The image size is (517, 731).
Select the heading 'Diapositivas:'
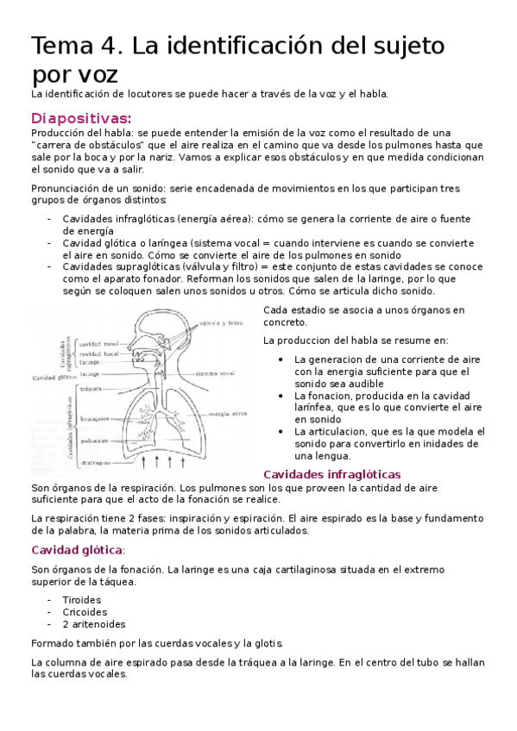pos(81,117)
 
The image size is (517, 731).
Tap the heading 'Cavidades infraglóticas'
pos(331,474)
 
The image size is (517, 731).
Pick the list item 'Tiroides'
pos(82,599)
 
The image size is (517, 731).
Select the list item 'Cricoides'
pos(84,611)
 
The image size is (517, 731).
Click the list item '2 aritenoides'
pos(94,623)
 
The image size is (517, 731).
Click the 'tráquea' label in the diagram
pos(91,389)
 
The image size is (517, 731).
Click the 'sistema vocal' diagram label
pos(216,373)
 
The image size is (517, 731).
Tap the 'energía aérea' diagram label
pos(229,414)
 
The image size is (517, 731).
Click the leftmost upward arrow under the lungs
pos(143,461)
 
